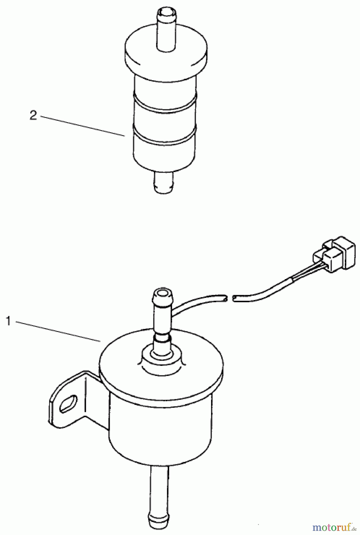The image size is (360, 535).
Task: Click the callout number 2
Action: (33, 115)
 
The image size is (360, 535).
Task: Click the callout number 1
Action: (9, 321)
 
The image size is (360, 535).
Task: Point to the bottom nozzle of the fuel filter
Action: (163, 182)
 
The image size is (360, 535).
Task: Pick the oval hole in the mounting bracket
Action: (68, 404)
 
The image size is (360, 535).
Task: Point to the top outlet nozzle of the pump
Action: (162, 309)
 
